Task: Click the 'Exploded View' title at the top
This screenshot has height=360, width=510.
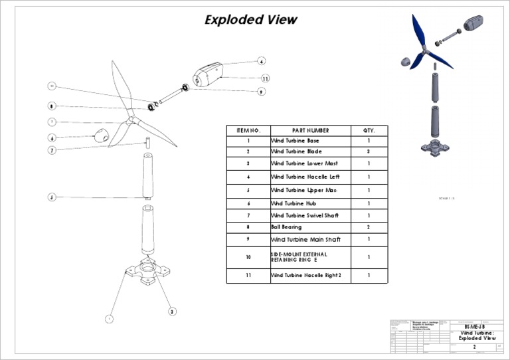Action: tap(251, 20)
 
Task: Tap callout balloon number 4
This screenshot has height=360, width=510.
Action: tap(262, 60)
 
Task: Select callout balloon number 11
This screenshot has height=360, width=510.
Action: tap(264, 78)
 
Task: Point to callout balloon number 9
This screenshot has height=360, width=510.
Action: tap(261, 92)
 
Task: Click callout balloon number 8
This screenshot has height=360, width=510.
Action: tap(51, 106)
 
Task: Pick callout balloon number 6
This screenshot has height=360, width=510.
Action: tap(51, 138)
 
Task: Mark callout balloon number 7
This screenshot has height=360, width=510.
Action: tap(51, 150)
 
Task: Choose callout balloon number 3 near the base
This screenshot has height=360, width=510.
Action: tap(172, 311)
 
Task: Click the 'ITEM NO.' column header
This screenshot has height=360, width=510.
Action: tap(248, 131)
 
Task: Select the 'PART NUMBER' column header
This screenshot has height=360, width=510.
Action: tap(310, 131)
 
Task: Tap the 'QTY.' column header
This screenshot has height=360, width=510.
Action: tap(369, 131)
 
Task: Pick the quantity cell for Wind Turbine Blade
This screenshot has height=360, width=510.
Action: tap(369, 151)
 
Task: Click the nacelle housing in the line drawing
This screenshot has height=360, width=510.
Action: tap(209, 72)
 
